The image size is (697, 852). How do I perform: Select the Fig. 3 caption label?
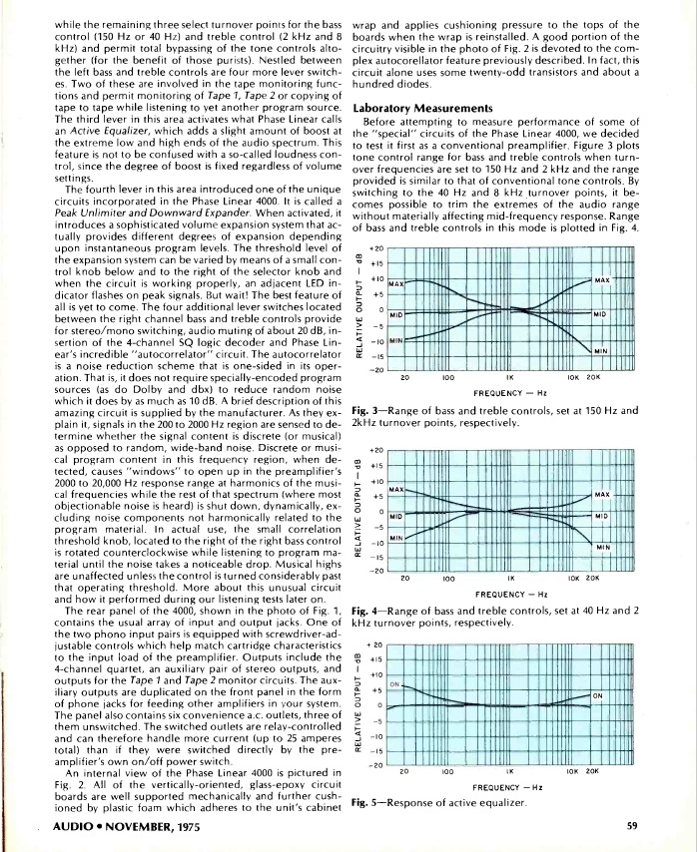pyautogui.click(x=365, y=411)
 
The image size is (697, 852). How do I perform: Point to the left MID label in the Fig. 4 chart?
pyautogui.click(x=395, y=517)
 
